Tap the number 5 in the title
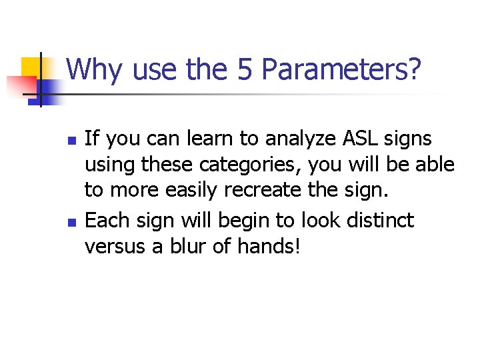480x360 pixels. coord(248,69)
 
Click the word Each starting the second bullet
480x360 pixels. coord(104,220)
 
